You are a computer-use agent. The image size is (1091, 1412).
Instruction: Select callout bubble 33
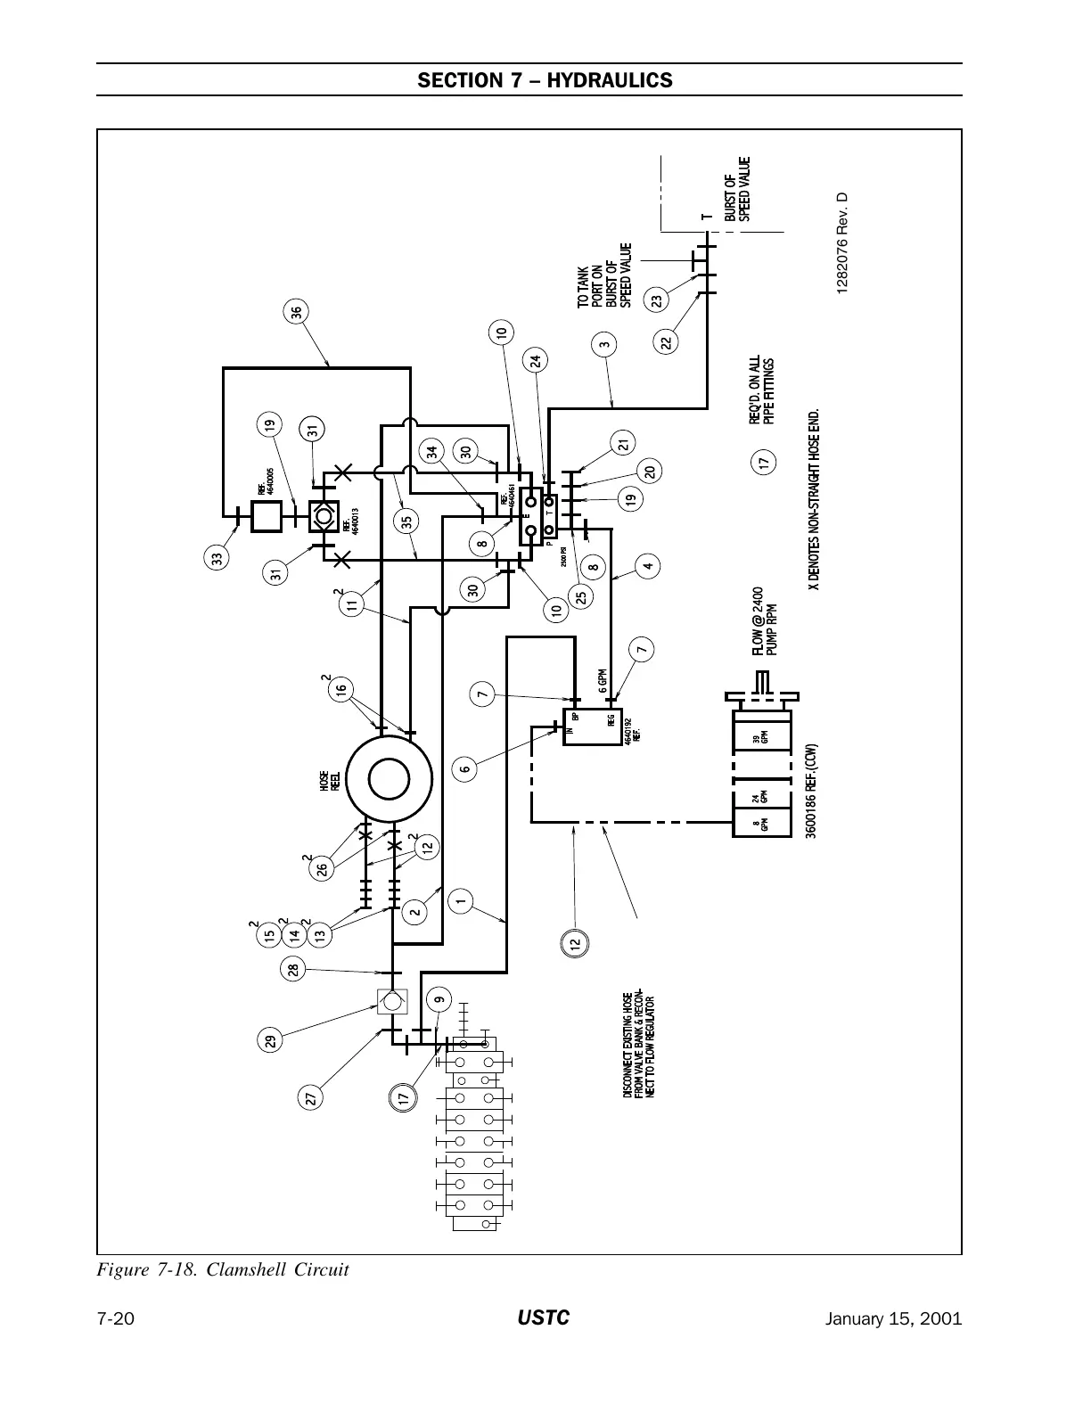point(217,559)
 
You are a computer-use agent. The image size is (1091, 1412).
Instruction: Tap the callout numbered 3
point(605,344)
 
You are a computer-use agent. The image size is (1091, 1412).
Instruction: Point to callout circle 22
point(666,341)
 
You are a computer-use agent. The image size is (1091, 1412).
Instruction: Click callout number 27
point(311,1098)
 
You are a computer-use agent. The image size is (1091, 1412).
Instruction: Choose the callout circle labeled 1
point(461,900)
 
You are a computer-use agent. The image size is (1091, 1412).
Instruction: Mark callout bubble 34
point(434,451)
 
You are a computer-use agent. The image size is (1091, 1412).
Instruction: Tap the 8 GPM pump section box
point(760,821)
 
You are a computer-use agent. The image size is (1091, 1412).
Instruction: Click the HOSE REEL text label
point(328,783)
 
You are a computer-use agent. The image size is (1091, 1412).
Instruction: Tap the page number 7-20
point(116,1319)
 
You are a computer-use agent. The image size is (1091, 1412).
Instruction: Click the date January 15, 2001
point(895,1319)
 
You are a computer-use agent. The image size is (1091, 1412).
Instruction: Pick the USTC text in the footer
point(544,1318)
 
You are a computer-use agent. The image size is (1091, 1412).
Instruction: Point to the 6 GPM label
point(603,682)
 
